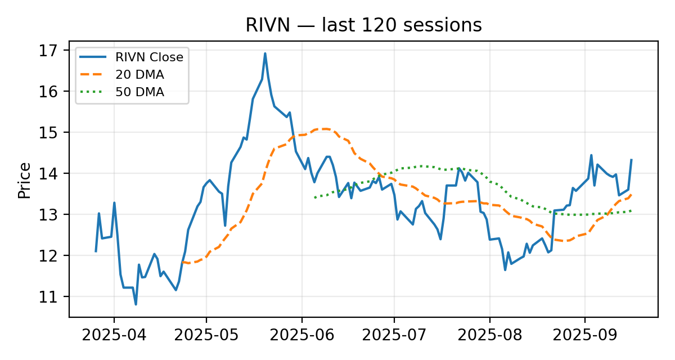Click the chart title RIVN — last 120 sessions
pyautogui.click(x=363, y=25)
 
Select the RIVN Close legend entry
pyautogui.click(x=149, y=57)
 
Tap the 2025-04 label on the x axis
pyautogui.click(x=114, y=336)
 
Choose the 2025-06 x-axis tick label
pyautogui.click(x=301, y=336)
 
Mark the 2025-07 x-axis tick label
pyautogui.click(x=394, y=336)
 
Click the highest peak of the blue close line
pyautogui.click(x=265, y=53)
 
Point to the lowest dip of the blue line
pyautogui.click(x=136, y=304)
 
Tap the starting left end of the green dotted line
pyautogui.click(x=314, y=198)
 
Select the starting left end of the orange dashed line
pyautogui.click(x=181, y=262)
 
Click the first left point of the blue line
pyautogui.click(x=96, y=251)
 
